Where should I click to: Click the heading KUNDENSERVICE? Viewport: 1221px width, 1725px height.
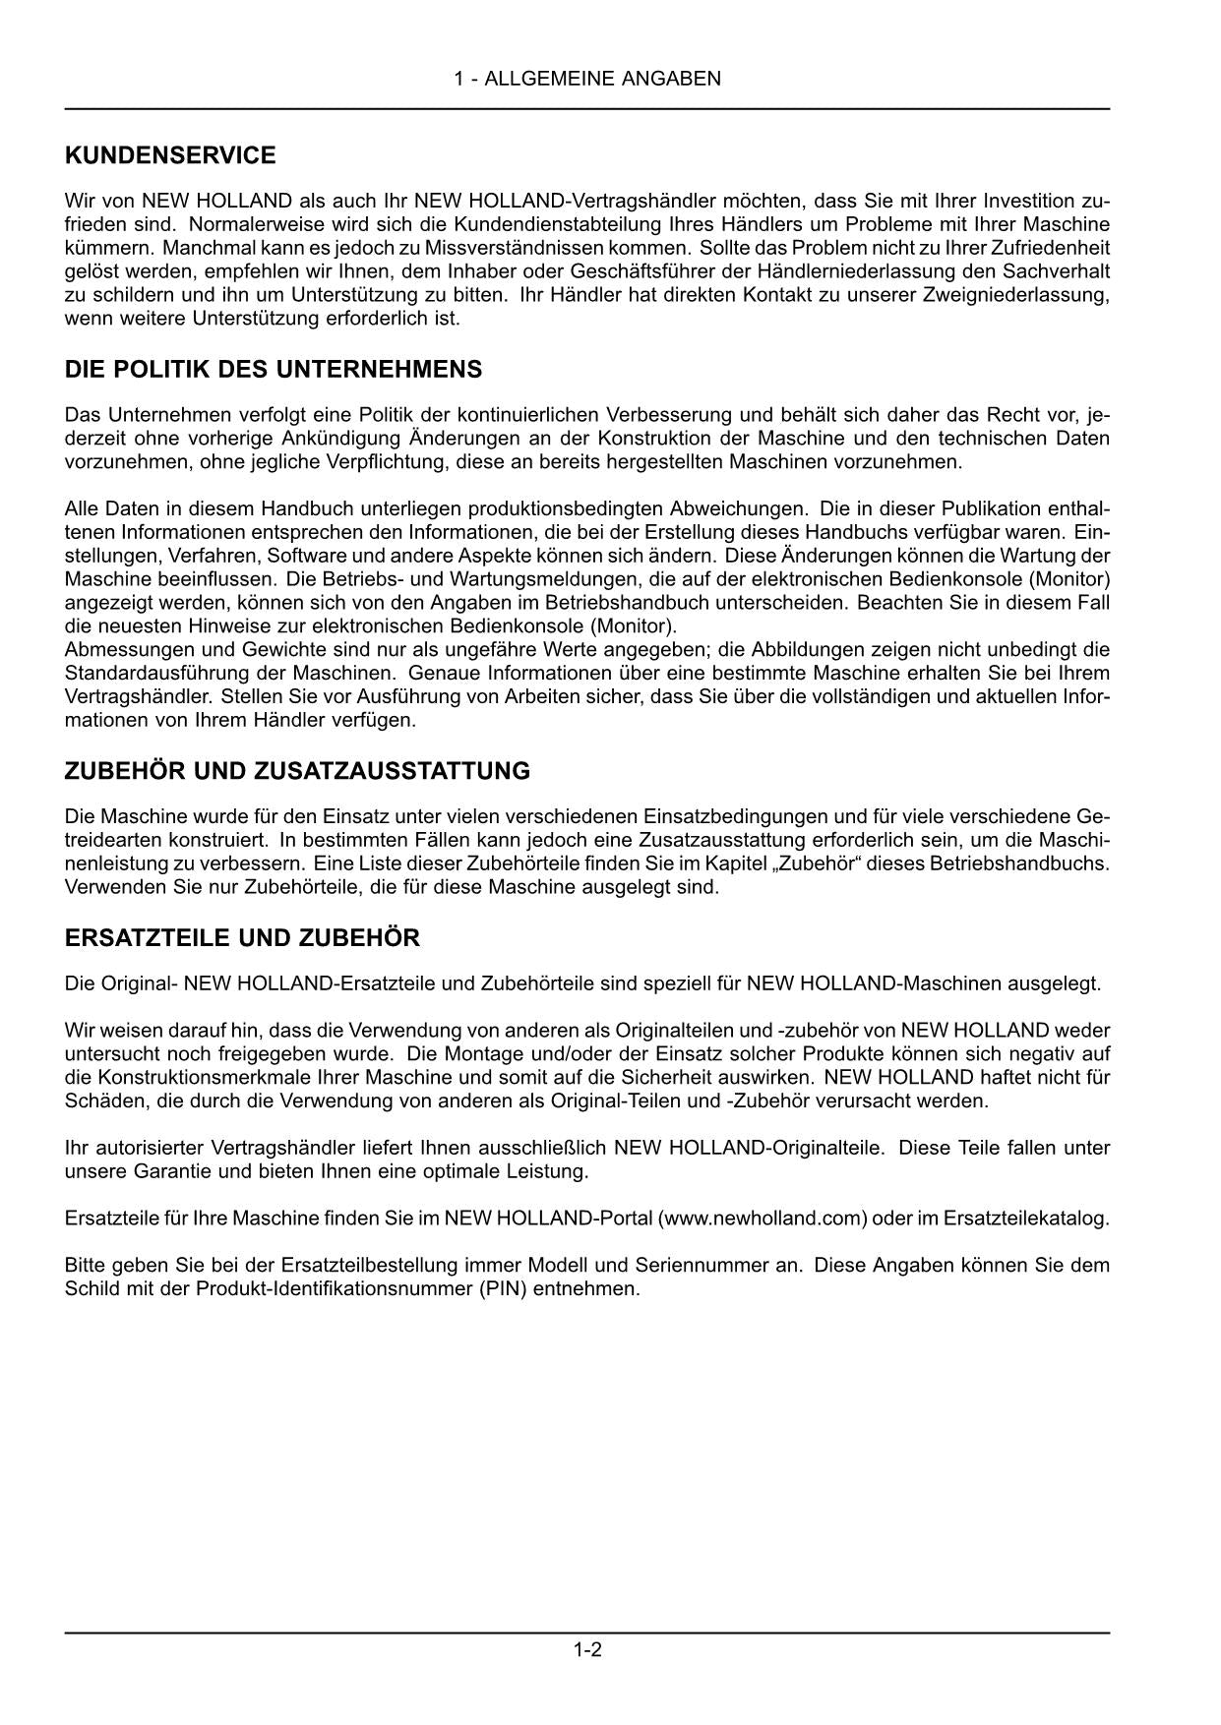(x=170, y=155)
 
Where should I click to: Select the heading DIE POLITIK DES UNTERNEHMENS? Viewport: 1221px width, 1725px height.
(x=274, y=370)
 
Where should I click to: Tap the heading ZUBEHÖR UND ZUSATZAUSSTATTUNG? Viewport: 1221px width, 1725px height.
(x=297, y=771)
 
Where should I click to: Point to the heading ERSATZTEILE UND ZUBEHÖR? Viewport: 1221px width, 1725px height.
(x=242, y=938)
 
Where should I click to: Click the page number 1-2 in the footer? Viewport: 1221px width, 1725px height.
(x=587, y=1650)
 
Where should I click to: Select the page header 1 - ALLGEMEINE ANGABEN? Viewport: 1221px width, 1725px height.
(x=587, y=79)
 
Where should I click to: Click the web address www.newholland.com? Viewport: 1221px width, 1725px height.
(x=763, y=1219)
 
